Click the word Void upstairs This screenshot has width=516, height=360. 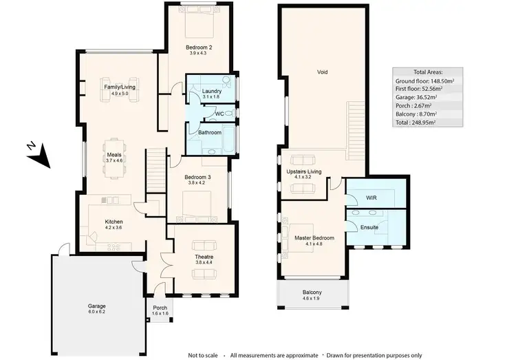pyautogui.click(x=321, y=72)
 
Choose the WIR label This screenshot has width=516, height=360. pyautogui.click(x=371, y=198)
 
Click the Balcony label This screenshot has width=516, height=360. pyautogui.click(x=312, y=291)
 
